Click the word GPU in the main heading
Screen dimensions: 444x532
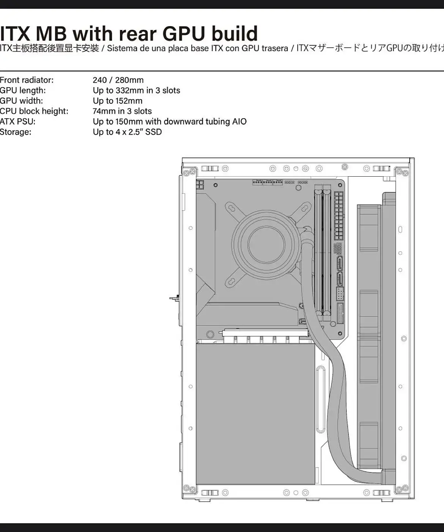pyautogui.click(x=184, y=33)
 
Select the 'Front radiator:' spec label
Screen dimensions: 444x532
pyautogui.click(x=27, y=80)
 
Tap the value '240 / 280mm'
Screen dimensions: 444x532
pyautogui.click(x=118, y=80)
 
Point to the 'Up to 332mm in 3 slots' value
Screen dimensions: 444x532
pyautogui.click(x=137, y=91)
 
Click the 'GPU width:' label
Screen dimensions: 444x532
pyautogui.click(x=21, y=101)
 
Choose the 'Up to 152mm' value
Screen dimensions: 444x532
pyautogui.click(x=118, y=101)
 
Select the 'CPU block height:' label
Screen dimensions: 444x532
pyautogui.click(x=34, y=111)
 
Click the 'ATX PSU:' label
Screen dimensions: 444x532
pyautogui.click(x=17, y=122)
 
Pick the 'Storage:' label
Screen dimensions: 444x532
pyautogui.click(x=16, y=132)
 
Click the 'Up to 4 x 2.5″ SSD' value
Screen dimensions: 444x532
pyautogui.click(x=127, y=132)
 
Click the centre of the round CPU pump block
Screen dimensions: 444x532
pyautogui.click(x=266, y=244)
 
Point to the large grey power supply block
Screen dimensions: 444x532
pyautogui.click(x=255, y=414)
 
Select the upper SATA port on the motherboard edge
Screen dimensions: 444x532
pyautogui.click(x=340, y=263)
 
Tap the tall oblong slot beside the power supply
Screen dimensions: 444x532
pyautogui.click(x=321, y=399)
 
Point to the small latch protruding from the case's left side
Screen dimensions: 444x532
pyautogui.click(x=174, y=298)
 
